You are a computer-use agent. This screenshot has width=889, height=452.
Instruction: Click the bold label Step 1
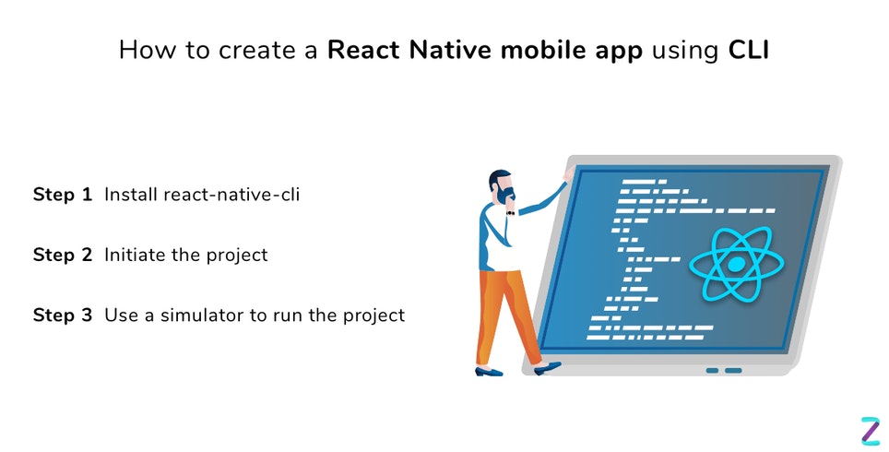pyautogui.click(x=63, y=195)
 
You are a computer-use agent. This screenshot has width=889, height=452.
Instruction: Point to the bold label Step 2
pyautogui.click(x=63, y=255)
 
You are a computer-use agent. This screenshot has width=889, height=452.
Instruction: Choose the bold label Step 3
pyautogui.click(x=63, y=315)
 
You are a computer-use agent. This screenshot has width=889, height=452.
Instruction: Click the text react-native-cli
pyautogui.click(x=231, y=195)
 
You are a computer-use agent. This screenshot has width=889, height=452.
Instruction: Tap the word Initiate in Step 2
pyautogui.click(x=135, y=255)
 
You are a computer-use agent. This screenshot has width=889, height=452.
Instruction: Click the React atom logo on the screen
pyautogui.click(x=735, y=264)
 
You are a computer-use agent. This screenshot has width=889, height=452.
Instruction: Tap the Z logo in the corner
pyautogui.click(x=870, y=430)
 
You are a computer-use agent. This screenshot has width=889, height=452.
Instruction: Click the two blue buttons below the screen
pyautogui.click(x=724, y=370)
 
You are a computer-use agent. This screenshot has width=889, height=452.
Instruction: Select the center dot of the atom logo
pyautogui.click(x=735, y=265)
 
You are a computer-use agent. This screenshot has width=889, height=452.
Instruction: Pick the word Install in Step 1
pyautogui.click(x=130, y=195)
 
